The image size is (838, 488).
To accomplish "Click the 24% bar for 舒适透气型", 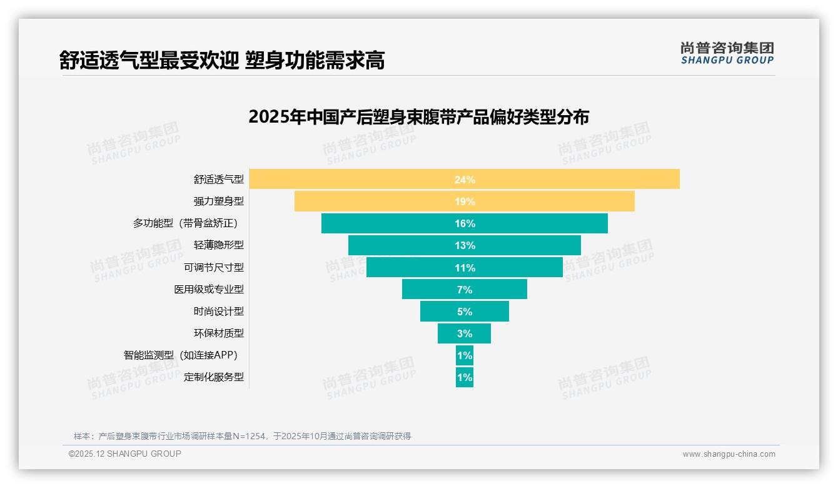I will [464, 179].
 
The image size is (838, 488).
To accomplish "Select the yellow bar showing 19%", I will [464, 201].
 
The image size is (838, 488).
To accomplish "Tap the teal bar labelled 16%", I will [464, 223].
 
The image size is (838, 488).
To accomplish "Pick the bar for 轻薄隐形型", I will [464, 245].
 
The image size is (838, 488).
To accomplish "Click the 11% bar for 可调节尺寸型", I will [464, 268].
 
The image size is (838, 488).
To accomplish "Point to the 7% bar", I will [464, 290].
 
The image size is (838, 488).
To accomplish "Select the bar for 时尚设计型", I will [464, 312].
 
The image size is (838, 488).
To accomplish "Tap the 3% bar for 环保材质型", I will [464, 333].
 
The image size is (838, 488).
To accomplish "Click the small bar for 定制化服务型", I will [464, 377].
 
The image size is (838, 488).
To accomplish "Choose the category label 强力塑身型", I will [218, 201].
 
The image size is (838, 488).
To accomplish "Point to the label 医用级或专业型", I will [208, 290].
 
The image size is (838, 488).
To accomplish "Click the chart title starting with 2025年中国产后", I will [418, 117].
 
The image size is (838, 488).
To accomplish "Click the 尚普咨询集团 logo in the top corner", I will [727, 53].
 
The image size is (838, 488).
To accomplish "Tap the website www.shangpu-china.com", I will [729, 454].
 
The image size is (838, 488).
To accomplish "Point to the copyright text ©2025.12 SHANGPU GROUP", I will [125, 454].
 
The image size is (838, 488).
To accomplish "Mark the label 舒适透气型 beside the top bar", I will [218, 180].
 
